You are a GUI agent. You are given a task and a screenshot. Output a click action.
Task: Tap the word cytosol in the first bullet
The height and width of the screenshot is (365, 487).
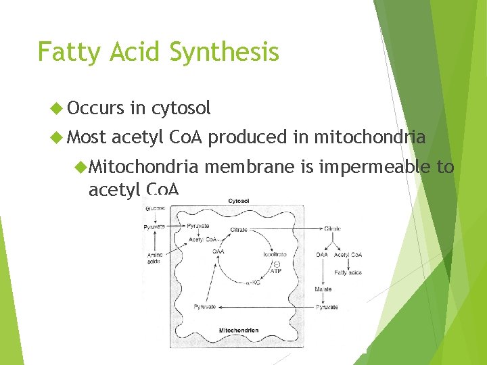click(x=181, y=107)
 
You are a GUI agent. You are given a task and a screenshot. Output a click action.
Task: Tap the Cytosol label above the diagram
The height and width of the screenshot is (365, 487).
click(x=237, y=201)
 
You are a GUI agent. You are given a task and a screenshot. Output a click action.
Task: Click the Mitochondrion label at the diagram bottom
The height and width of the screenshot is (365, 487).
click(x=238, y=331)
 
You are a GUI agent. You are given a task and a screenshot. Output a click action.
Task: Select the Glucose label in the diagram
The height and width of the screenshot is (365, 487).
click(x=154, y=209)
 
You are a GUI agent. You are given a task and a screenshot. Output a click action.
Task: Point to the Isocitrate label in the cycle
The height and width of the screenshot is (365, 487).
click(x=275, y=255)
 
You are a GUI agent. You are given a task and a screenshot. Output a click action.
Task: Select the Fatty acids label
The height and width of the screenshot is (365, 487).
click(x=348, y=272)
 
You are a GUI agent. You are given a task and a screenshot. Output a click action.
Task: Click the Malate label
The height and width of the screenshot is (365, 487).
click(x=323, y=289)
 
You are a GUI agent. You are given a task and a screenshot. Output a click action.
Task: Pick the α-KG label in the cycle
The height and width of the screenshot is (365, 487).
click(x=252, y=283)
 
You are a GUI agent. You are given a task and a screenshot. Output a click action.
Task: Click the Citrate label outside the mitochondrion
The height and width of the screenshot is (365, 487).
click(x=332, y=229)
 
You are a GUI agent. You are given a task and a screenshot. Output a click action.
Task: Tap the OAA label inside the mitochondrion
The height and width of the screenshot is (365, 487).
click(x=218, y=251)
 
